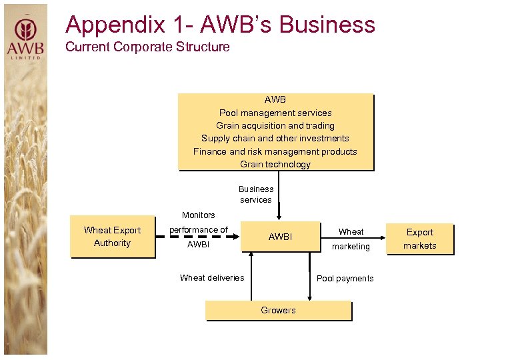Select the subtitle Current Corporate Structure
click(147, 47)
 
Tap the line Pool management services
click(275, 113)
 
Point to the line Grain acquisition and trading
click(275, 125)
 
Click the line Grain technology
click(275, 164)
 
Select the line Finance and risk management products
click(275, 151)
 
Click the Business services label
click(256, 194)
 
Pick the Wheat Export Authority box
click(113, 237)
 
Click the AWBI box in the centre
click(280, 237)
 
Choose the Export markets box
click(420, 239)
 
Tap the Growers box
click(278, 310)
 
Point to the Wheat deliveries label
click(212, 277)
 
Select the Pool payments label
click(345, 278)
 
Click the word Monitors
click(199, 215)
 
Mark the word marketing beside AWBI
click(351, 246)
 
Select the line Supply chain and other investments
click(275, 138)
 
